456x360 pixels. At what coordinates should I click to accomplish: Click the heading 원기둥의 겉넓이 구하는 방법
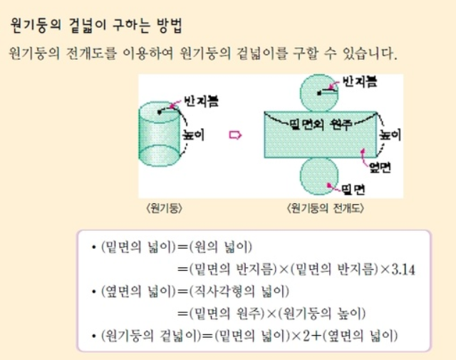click(x=96, y=27)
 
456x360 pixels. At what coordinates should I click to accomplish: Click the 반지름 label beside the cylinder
click(x=200, y=101)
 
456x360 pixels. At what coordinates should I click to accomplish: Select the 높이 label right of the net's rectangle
click(x=389, y=133)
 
